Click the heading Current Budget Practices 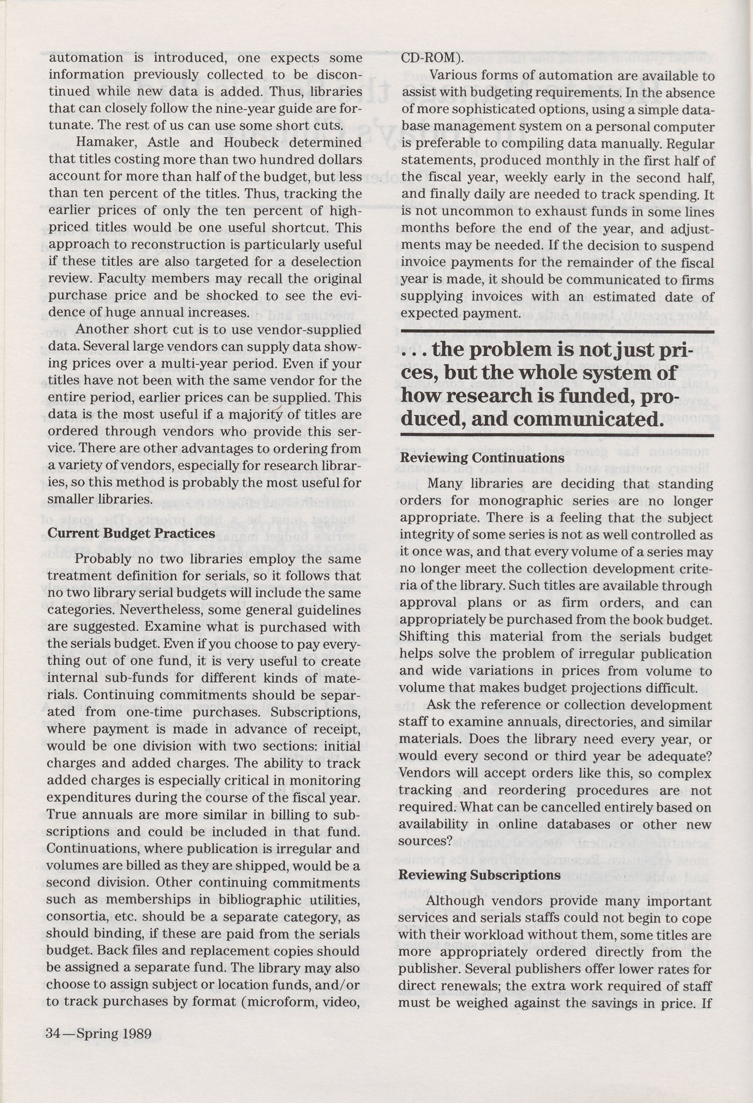click(x=131, y=534)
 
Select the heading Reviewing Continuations click(x=482, y=458)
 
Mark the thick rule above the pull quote click(x=557, y=330)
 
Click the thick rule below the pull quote click(x=557, y=435)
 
